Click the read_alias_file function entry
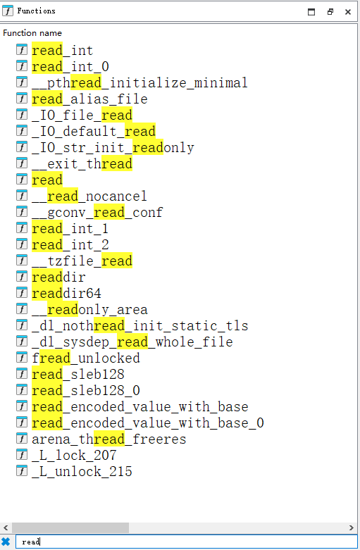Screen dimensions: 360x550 (x=89, y=99)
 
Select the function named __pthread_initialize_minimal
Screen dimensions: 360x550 (x=139, y=83)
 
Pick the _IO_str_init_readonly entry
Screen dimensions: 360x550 (x=113, y=148)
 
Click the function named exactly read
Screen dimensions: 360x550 (x=47, y=180)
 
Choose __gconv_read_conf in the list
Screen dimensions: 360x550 (x=97, y=212)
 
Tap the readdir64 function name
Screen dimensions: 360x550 (x=66, y=293)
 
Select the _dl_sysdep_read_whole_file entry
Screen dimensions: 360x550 (x=132, y=342)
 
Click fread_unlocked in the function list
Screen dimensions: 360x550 (x=86, y=358)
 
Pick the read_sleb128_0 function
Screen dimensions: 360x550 (x=86, y=390)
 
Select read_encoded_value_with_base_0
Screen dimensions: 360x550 (x=148, y=423)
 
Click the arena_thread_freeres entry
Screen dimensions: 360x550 (x=108, y=439)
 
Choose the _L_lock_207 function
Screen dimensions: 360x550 (x=74, y=456)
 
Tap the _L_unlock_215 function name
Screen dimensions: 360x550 (x=82, y=471)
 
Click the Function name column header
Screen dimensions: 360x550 (x=32, y=33)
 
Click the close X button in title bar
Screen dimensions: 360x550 (x=348, y=12)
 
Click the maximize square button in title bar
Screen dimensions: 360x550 (x=311, y=12)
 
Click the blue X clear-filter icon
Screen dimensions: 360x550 (x=6, y=542)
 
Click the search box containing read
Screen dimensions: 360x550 (x=186, y=542)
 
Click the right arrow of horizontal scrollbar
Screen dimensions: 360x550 (x=352, y=527)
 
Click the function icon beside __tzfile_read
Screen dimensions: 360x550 (x=22, y=261)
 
